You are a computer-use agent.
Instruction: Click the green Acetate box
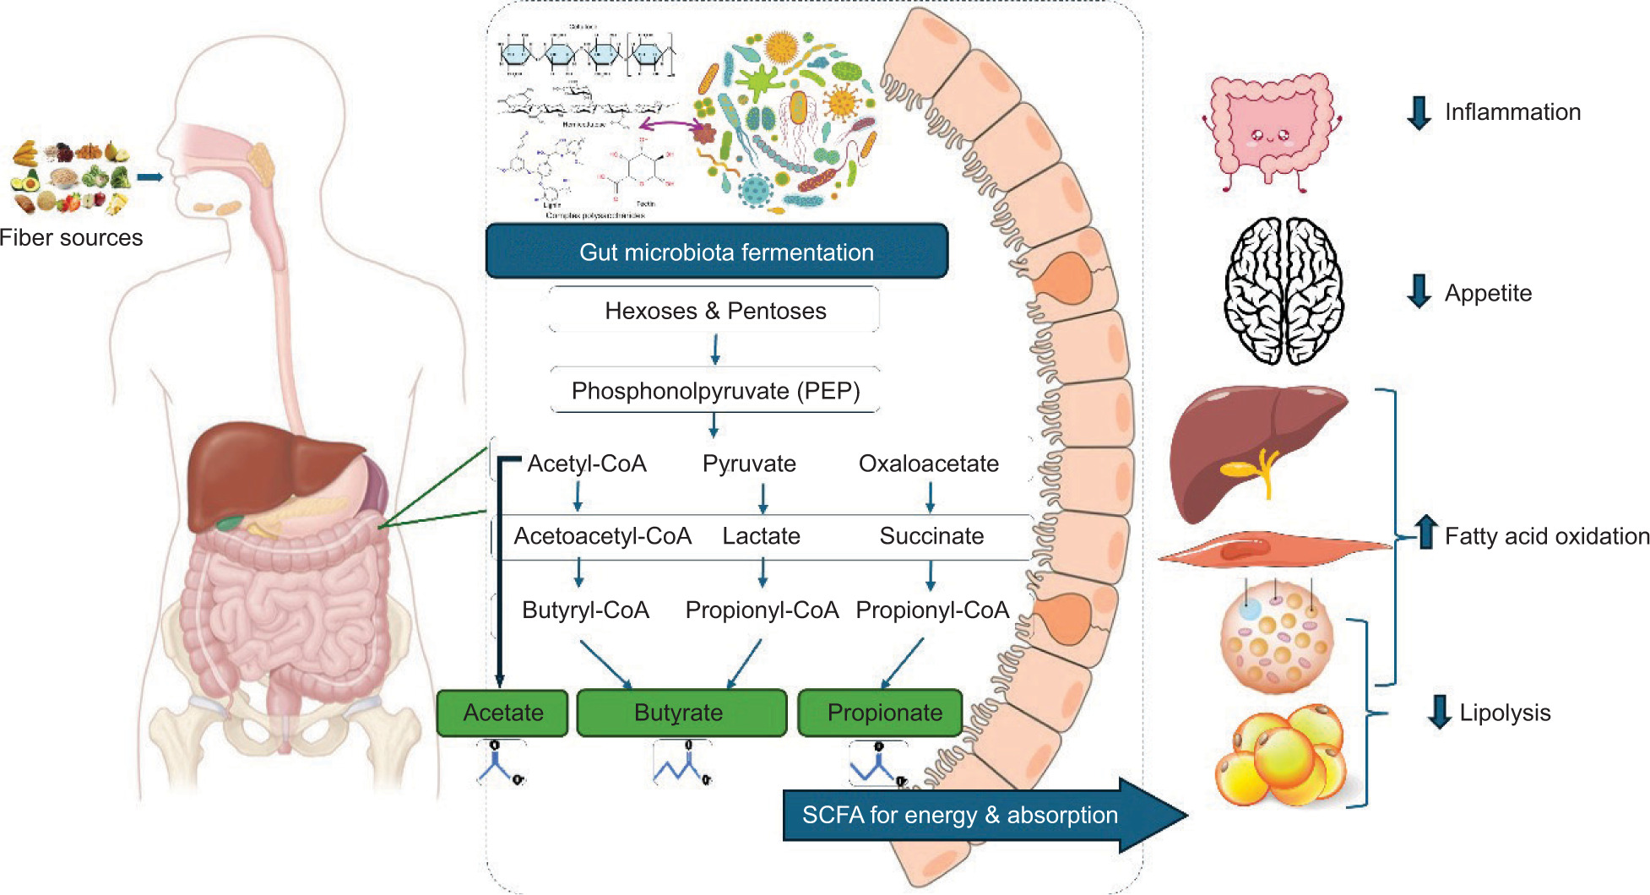[x=502, y=713]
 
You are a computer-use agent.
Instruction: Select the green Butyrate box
[x=681, y=713]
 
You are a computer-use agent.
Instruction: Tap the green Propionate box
[x=883, y=713]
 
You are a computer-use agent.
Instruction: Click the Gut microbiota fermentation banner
[x=717, y=252]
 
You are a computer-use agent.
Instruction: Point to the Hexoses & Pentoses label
[x=715, y=311]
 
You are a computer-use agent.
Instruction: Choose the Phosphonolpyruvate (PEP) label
[x=715, y=391]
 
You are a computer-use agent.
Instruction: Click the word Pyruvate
[x=749, y=464]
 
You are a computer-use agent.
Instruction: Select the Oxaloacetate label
[x=928, y=464]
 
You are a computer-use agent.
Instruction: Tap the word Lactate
[x=761, y=536]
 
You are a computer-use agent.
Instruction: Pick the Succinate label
[x=931, y=536]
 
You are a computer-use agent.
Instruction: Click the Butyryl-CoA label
[x=585, y=610]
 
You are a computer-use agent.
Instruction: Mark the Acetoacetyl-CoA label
[x=602, y=536]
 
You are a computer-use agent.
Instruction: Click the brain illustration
[x=1284, y=290]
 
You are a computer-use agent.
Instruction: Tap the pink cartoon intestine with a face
[x=1271, y=131]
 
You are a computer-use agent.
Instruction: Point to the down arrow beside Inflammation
[x=1419, y=112]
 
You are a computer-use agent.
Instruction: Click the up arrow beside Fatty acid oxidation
[x=1426, y=532]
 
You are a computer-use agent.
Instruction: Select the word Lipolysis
[x=1505, y=713]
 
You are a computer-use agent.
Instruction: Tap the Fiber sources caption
[x=71, y=238]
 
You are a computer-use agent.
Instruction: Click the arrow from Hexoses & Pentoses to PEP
[x=715, y=349]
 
